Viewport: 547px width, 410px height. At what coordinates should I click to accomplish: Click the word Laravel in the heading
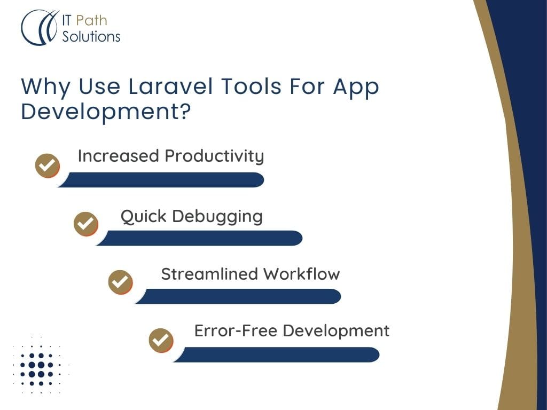[x=170, y=86]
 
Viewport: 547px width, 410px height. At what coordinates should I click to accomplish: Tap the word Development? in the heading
[x=106, y=112]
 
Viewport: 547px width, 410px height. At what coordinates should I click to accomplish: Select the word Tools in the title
[x=251, y=86]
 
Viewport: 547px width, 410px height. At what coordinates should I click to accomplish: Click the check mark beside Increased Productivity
[x=48, y=165]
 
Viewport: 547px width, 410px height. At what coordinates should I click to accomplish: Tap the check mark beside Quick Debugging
[x=86, y=224]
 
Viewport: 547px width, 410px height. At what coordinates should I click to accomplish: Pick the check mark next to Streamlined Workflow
[x=120, y=282]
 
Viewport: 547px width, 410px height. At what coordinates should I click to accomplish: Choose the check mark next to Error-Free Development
[x=161, y=340]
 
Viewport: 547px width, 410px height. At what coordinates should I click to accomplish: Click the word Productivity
[x=215, y=156]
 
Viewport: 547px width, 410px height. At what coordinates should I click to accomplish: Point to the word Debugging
[x=217, y=217]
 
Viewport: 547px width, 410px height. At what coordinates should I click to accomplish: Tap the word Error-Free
[x=236, y=330]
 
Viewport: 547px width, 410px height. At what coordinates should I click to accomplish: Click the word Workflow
[x=302, y=274]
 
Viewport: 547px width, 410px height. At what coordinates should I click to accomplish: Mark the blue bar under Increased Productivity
[x=161, y=180]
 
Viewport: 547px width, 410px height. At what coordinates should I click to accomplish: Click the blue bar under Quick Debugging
[x=199, y=238]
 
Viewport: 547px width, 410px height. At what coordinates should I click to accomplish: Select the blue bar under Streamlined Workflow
[x=238, y=296]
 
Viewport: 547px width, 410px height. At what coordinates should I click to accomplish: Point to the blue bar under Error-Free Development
[x=276, y=354]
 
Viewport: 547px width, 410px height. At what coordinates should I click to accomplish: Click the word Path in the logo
[x=91, y=21]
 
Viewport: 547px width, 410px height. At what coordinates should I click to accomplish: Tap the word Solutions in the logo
[x=91, y=37]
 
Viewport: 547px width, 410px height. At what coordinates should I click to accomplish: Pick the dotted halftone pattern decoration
[x=41, y=365]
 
